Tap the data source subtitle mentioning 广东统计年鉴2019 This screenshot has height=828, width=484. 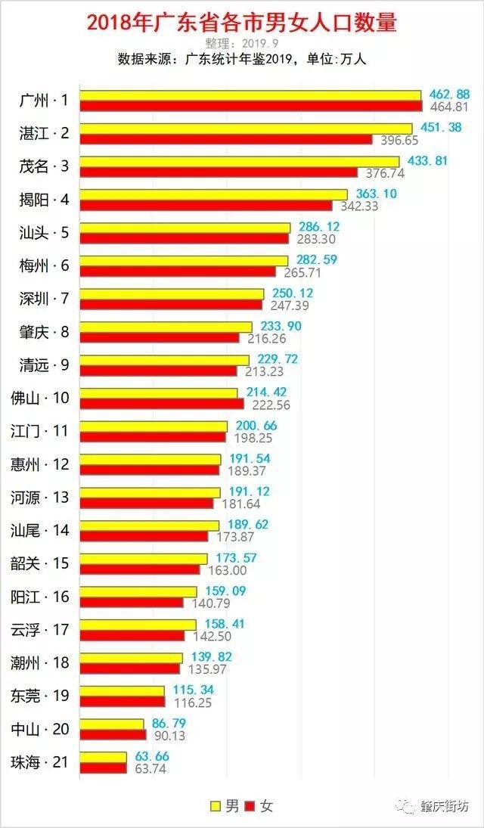241,59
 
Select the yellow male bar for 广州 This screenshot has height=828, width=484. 250,95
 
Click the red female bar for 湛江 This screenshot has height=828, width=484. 226,139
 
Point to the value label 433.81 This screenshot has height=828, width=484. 428,160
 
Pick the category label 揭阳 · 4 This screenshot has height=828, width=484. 45,200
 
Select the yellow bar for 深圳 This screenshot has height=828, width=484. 172,293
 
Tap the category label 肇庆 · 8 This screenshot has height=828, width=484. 45,332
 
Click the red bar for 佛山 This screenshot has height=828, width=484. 162,404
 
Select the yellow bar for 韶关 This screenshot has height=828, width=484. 144,558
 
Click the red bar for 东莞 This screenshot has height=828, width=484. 123,702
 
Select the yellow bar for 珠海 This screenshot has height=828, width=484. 104,757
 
